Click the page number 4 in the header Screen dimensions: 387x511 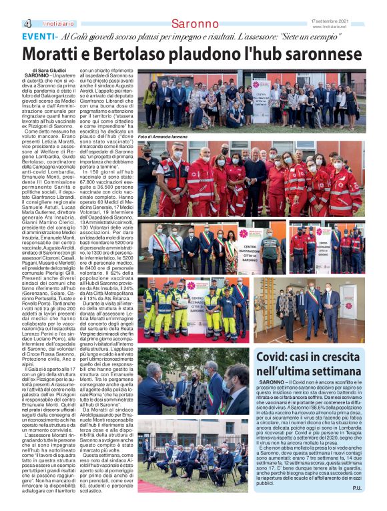pos(27,24)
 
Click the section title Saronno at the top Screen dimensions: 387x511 pos(194,24)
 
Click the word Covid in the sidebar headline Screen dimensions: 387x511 pos(276,357)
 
